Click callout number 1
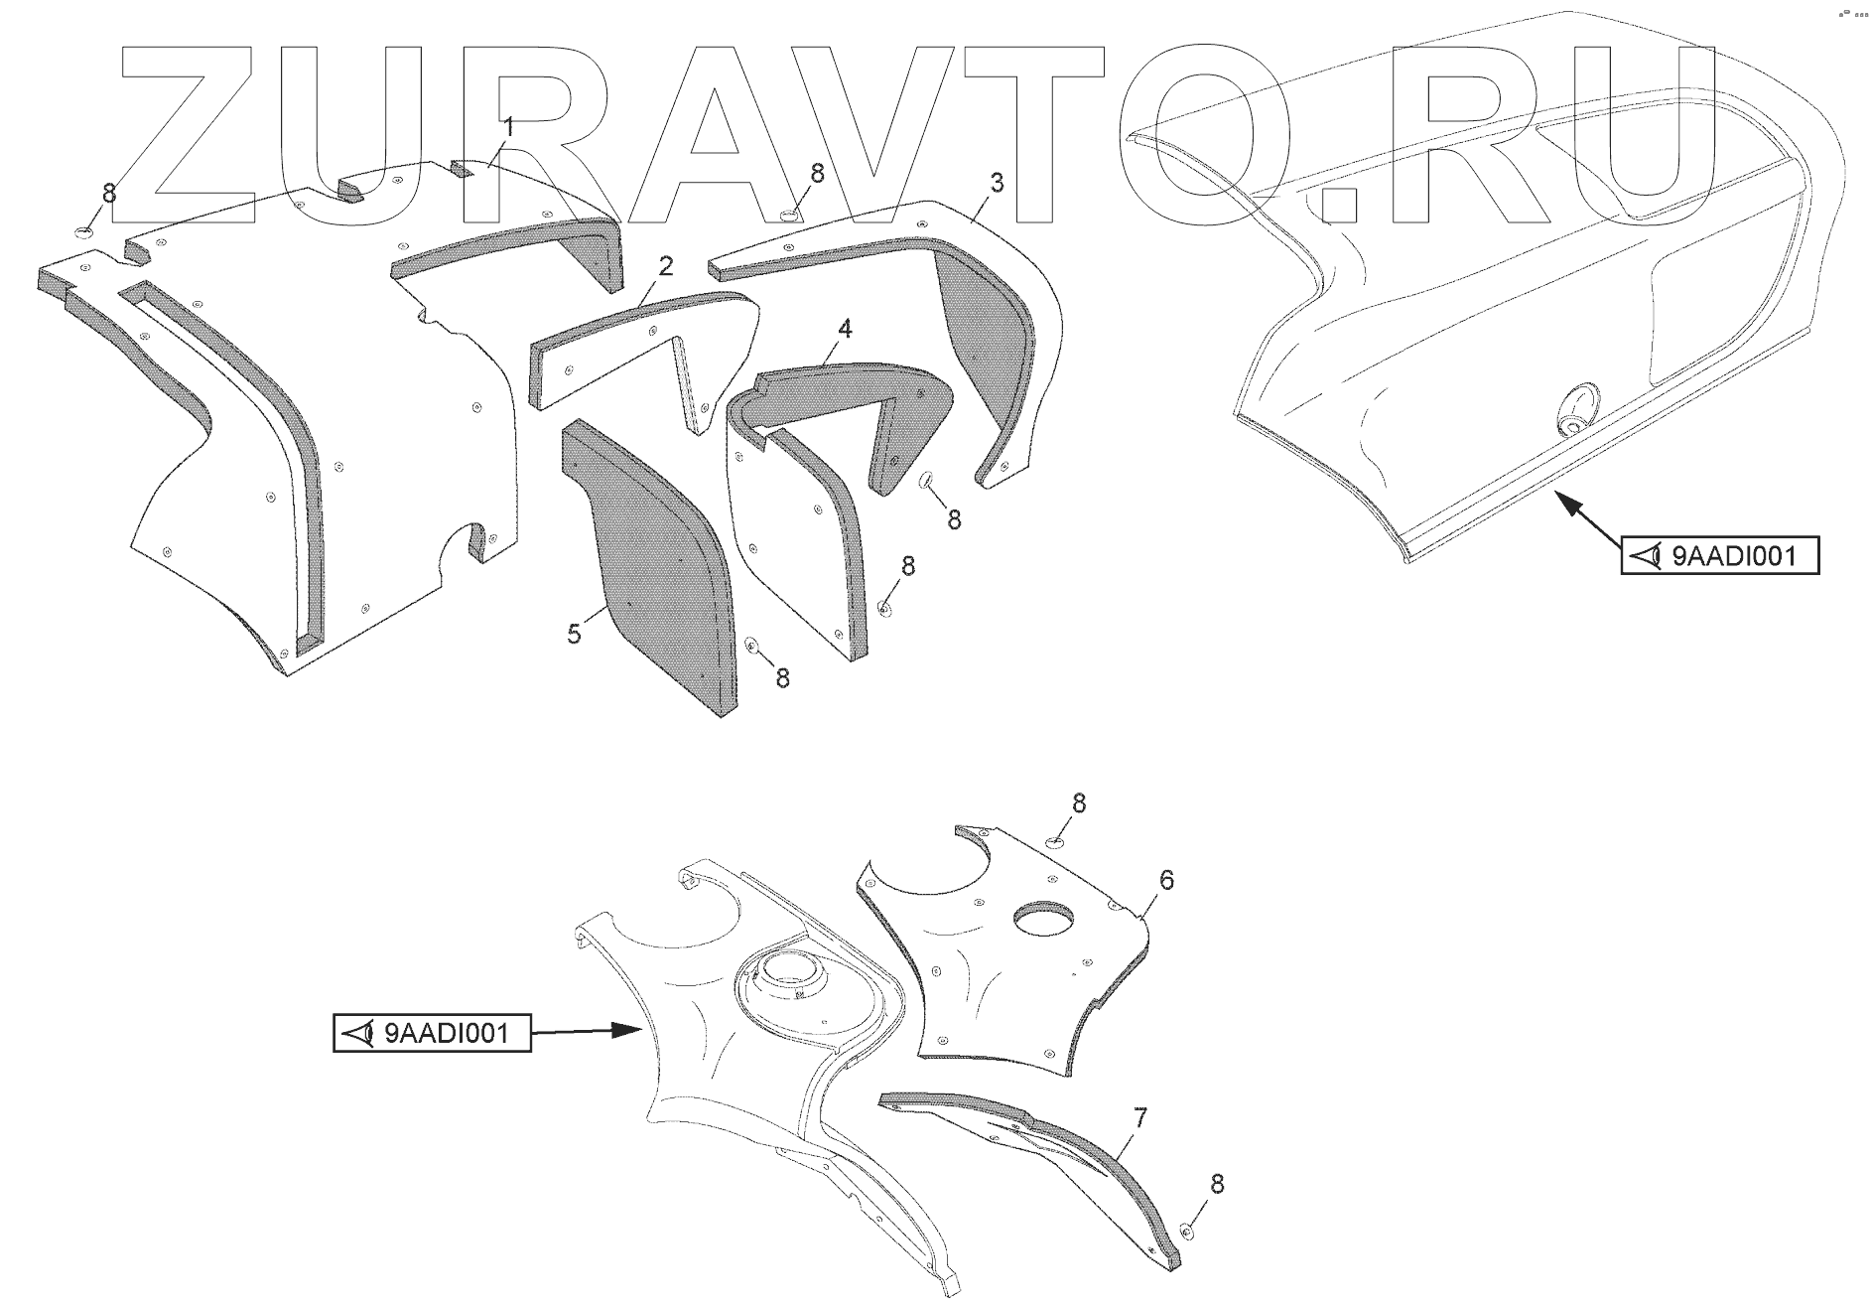point(508,127)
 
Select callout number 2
point(665,266)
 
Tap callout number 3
point(997,183)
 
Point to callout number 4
point(845,329)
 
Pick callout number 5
point(574,633)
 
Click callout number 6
point(1166,879)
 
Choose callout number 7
point(1140,1118)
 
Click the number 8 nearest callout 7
point(1217,1184)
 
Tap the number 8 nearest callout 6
point(1079,803)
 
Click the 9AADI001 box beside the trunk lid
point(1720,555)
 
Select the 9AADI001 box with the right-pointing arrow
point(432,1034)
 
